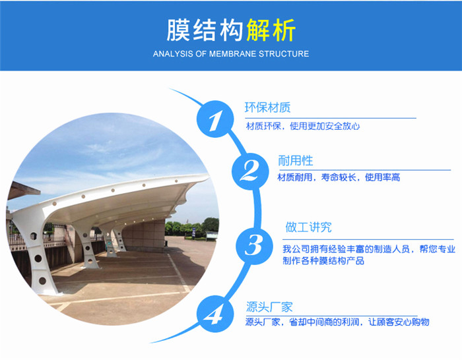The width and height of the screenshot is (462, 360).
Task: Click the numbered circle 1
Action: [x=215, y=119]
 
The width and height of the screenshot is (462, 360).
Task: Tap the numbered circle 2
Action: [x=250, y=171]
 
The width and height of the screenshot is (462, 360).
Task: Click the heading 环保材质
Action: [x=267, y=107]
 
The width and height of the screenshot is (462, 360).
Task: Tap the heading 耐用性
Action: [x=296, y=161]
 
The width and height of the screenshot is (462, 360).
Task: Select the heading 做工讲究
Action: [x=308, y=227]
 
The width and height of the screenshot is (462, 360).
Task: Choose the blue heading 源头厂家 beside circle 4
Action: [x=269, y=307]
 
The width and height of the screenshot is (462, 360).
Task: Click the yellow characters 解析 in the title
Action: [x=271, y=30]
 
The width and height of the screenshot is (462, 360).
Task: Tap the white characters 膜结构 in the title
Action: [x=205, y=30]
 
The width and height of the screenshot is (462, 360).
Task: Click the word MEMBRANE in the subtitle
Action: [x=233, y=54]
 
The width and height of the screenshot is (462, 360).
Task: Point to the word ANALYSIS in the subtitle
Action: [x=173, y=54]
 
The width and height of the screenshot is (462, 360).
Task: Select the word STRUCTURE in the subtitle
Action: [x=284, y=54]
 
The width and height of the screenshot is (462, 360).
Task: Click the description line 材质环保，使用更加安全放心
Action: [x=303, y=127]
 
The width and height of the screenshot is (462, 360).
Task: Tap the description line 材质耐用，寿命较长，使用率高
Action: [x=339, y=177]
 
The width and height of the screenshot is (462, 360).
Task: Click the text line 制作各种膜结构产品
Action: [x=323, y=261]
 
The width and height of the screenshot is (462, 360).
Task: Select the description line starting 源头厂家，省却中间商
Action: [x=337, y=322]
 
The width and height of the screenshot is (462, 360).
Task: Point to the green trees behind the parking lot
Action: [x=191, y=227]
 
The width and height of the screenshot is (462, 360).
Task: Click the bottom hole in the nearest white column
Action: [x=42, y=280]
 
